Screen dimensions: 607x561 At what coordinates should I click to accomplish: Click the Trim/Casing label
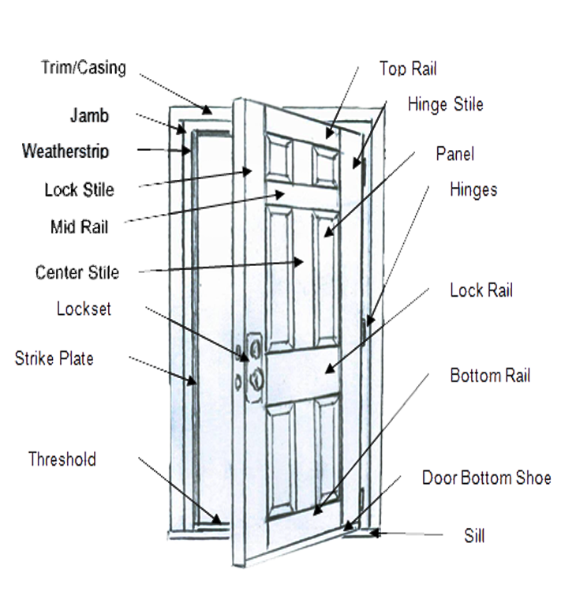[x=83, y=68]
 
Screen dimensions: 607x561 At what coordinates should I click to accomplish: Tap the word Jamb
[x=89, y=115]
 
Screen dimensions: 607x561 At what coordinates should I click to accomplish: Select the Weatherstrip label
[x=65, y=150]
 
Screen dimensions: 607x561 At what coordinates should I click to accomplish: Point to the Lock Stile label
[x=79, y=189]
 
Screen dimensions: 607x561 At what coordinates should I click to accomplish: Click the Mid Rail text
[x=79, y=228]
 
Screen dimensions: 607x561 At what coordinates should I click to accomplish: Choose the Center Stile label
[x=77, y=273]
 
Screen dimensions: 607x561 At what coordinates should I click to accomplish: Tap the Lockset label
[x=84, y=309]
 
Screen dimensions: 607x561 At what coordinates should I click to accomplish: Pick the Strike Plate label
[x=54, y=359]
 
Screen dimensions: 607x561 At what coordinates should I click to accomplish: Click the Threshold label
[x=62, y=459]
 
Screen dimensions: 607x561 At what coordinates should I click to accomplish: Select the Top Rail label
[x=408, y=69]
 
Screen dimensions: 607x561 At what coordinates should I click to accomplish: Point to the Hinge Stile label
[x=445, y=104]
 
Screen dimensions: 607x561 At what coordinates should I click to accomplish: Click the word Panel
[x=455, y=154]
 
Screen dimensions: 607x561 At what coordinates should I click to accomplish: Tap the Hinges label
[x=473, y=190]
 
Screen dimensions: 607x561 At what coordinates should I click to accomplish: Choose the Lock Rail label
[x=481, y=290]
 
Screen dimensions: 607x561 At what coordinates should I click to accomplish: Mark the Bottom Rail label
[x=490, y=375]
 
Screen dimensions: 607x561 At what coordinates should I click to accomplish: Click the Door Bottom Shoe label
[x=486, y=478]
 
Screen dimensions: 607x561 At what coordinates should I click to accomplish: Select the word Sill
[x=474, y=537]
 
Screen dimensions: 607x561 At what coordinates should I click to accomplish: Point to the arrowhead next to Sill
[x=376, y=534]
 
